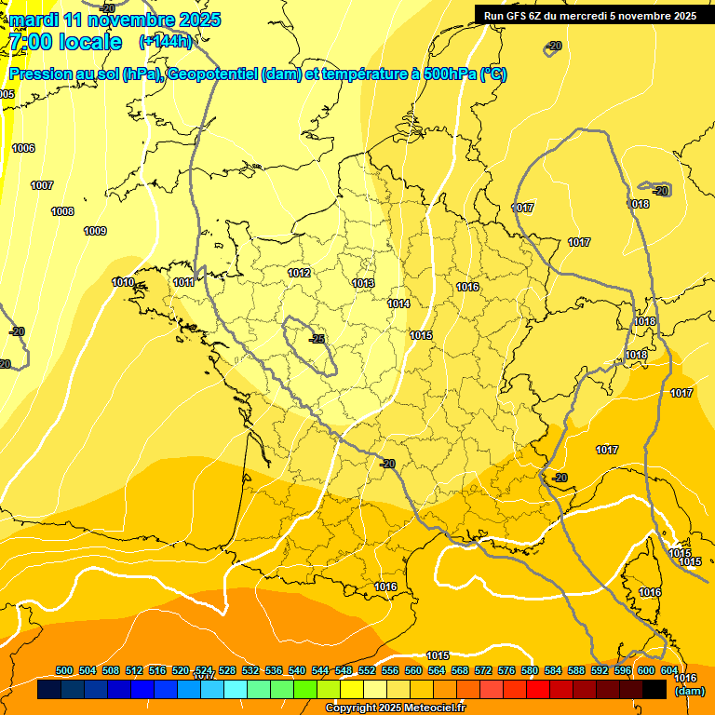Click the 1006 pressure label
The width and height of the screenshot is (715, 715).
(x=23, y=148)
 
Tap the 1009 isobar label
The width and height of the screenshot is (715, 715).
(x=95, y=231)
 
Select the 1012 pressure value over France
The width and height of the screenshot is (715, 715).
(x=299, y=273)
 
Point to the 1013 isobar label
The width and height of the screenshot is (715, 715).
(x=363, y=283)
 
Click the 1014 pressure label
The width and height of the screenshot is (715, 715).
(x=398, y=304)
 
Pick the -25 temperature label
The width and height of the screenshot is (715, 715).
(x=317, y=339)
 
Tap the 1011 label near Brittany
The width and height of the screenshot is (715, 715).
(x=184, y=282)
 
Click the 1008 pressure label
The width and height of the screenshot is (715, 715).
(x=62, y=211)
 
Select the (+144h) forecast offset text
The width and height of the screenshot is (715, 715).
(x=165, y=41)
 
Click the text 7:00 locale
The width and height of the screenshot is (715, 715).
(x=65, y=42)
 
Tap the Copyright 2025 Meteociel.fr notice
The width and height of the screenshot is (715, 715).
(x=395, y=708)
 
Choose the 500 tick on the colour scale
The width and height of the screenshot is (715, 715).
(x=64, y=670)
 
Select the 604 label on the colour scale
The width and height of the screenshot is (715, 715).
(x=669, y=670)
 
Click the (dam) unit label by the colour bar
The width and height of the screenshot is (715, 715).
(x=689, y=691)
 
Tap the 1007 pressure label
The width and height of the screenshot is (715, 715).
(x=42, y=185)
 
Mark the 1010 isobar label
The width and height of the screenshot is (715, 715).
(x=123, y=282)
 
